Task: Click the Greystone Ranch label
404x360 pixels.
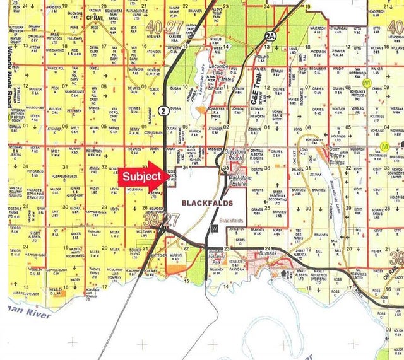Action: point(239,155)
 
